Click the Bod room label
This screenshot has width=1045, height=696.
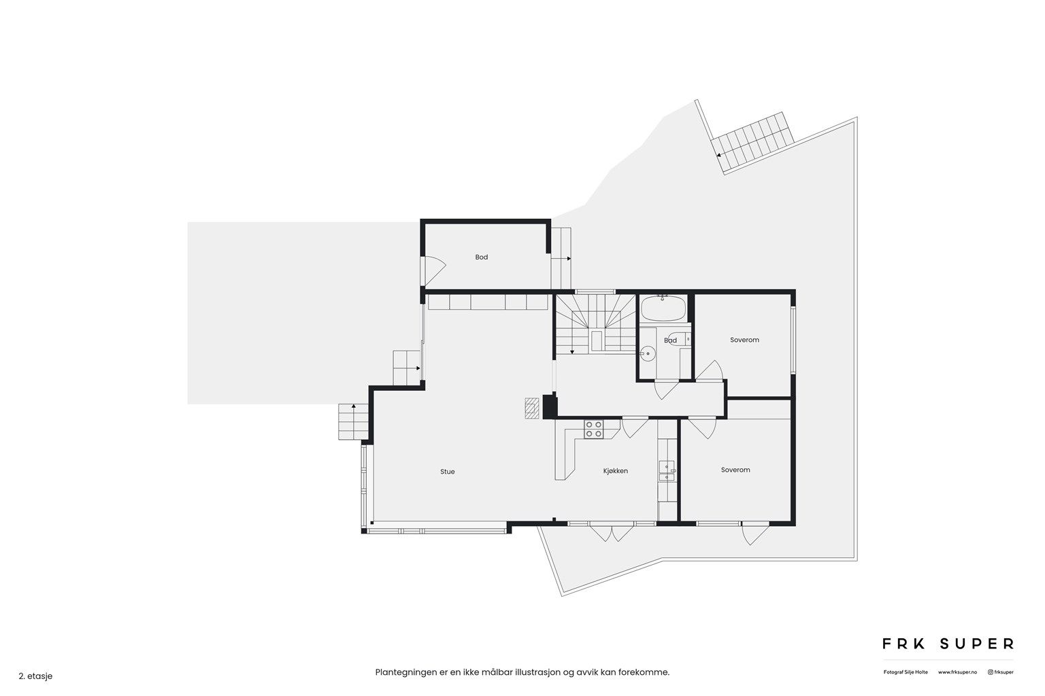click(482, 257)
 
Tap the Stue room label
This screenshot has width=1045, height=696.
click(448, 471)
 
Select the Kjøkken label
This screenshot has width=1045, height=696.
click(615, 471)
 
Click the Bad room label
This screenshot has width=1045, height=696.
click(670, 341)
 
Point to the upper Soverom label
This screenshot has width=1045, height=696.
click(744, 340)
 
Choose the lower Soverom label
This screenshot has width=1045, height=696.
click(735, 470)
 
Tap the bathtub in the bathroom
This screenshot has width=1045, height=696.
click(663, 308)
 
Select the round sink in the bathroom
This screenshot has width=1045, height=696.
click(647, 354)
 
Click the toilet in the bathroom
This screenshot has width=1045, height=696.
click(677, 339)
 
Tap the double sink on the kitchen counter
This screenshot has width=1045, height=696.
click(667, 471)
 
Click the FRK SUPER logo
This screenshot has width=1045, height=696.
click(948, 644)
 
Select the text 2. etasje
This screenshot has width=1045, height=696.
click(35, 676)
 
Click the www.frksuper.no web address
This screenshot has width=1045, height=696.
click(957, 672)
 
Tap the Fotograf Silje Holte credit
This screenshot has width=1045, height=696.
click(906, 672)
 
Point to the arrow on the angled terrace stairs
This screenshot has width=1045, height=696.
click(719, 156)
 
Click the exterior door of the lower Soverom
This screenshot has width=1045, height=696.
click(755, 534)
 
